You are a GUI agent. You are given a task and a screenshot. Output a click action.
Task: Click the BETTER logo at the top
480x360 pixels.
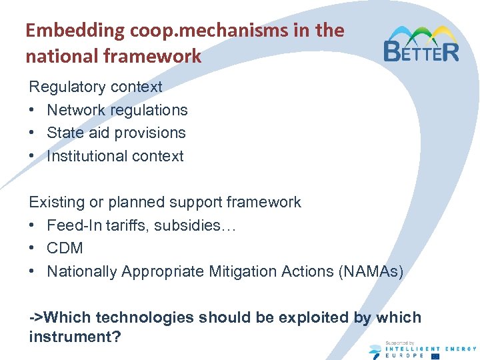pyautogui.click(x=421, y=44)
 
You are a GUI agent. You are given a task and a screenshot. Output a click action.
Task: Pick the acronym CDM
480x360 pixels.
pyautogui.click(x=65, y=248)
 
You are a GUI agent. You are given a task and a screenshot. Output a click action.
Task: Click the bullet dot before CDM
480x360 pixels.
pyautogui.click(x=33, y=249)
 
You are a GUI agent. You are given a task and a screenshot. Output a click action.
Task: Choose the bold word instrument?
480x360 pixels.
pyautogui.click(x=75, y=337)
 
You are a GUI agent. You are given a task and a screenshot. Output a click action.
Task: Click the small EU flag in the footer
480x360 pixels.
pyautogui.click(x=435, y=356)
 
